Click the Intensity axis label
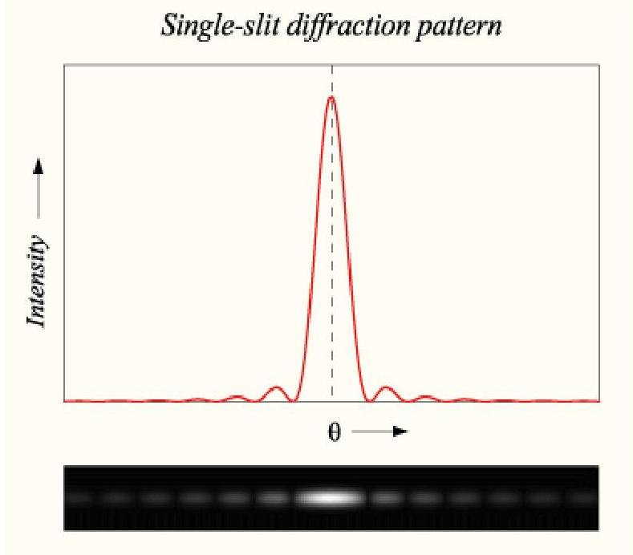pos(36,281)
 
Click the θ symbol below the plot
pos(334,432)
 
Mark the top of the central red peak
pos(331,97)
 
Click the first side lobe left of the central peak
pos(277,388)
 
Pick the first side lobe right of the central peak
pos(387,388)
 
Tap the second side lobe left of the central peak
pos(237,396)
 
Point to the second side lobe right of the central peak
pos(425,396)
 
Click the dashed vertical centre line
pos(332,241)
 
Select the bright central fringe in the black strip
pos(330,498)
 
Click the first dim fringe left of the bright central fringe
pos(274,498)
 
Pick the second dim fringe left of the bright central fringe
pos(234,498)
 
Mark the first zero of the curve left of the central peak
pos(294,399)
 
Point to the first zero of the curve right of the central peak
pos(368,399)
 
